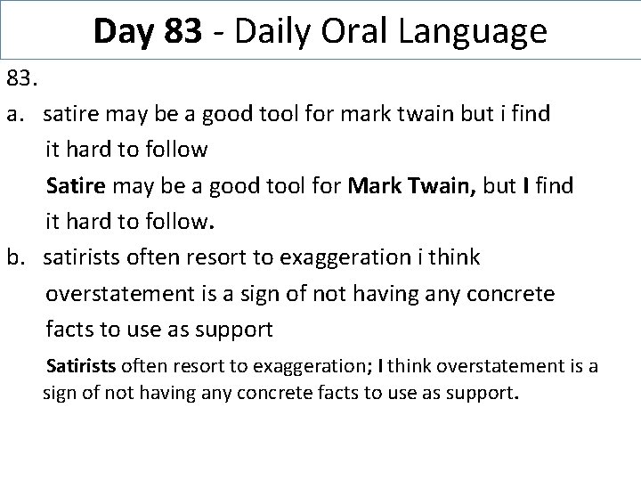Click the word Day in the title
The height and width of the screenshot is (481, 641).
coord(125,32)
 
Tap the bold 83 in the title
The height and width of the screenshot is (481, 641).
coord(183,32)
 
